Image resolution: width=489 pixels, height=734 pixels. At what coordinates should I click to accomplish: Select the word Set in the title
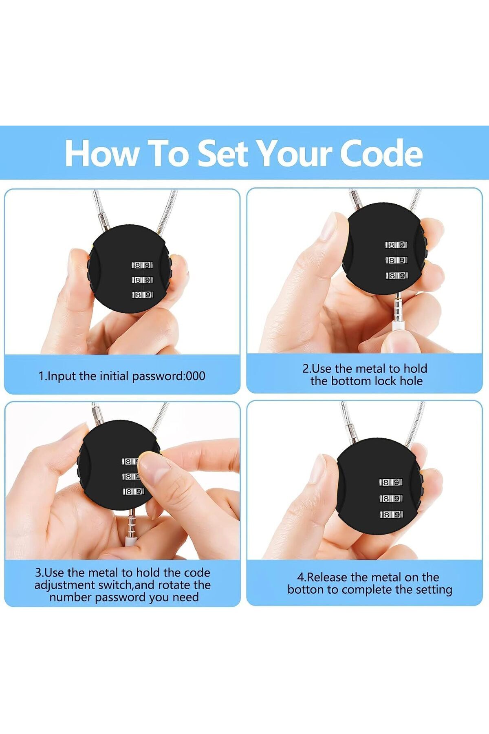click(x=223, y=153)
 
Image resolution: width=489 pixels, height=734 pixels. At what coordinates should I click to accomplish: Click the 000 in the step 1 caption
click(x=195, y=376)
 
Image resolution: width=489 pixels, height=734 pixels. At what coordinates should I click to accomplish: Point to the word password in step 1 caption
click(x=158, y=376)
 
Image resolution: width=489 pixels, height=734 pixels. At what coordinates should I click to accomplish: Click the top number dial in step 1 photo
click(x=142, y=265)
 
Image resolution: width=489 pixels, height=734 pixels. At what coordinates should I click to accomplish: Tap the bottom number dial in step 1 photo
click(x=143, y=294)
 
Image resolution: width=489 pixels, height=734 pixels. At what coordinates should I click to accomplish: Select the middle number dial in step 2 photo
click(x=396, y=260)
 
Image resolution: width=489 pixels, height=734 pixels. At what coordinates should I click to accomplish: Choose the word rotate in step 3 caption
click(x=175, y=585)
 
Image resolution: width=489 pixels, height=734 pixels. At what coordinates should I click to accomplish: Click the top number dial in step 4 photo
click(x=391, y=482)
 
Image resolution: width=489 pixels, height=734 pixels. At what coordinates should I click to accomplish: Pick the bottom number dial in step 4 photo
click(x=392, y=515)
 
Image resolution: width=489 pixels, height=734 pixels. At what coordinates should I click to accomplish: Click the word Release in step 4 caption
click(x=326, y=577)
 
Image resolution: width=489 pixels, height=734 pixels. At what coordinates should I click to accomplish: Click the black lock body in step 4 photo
click(x=379, y=485)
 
